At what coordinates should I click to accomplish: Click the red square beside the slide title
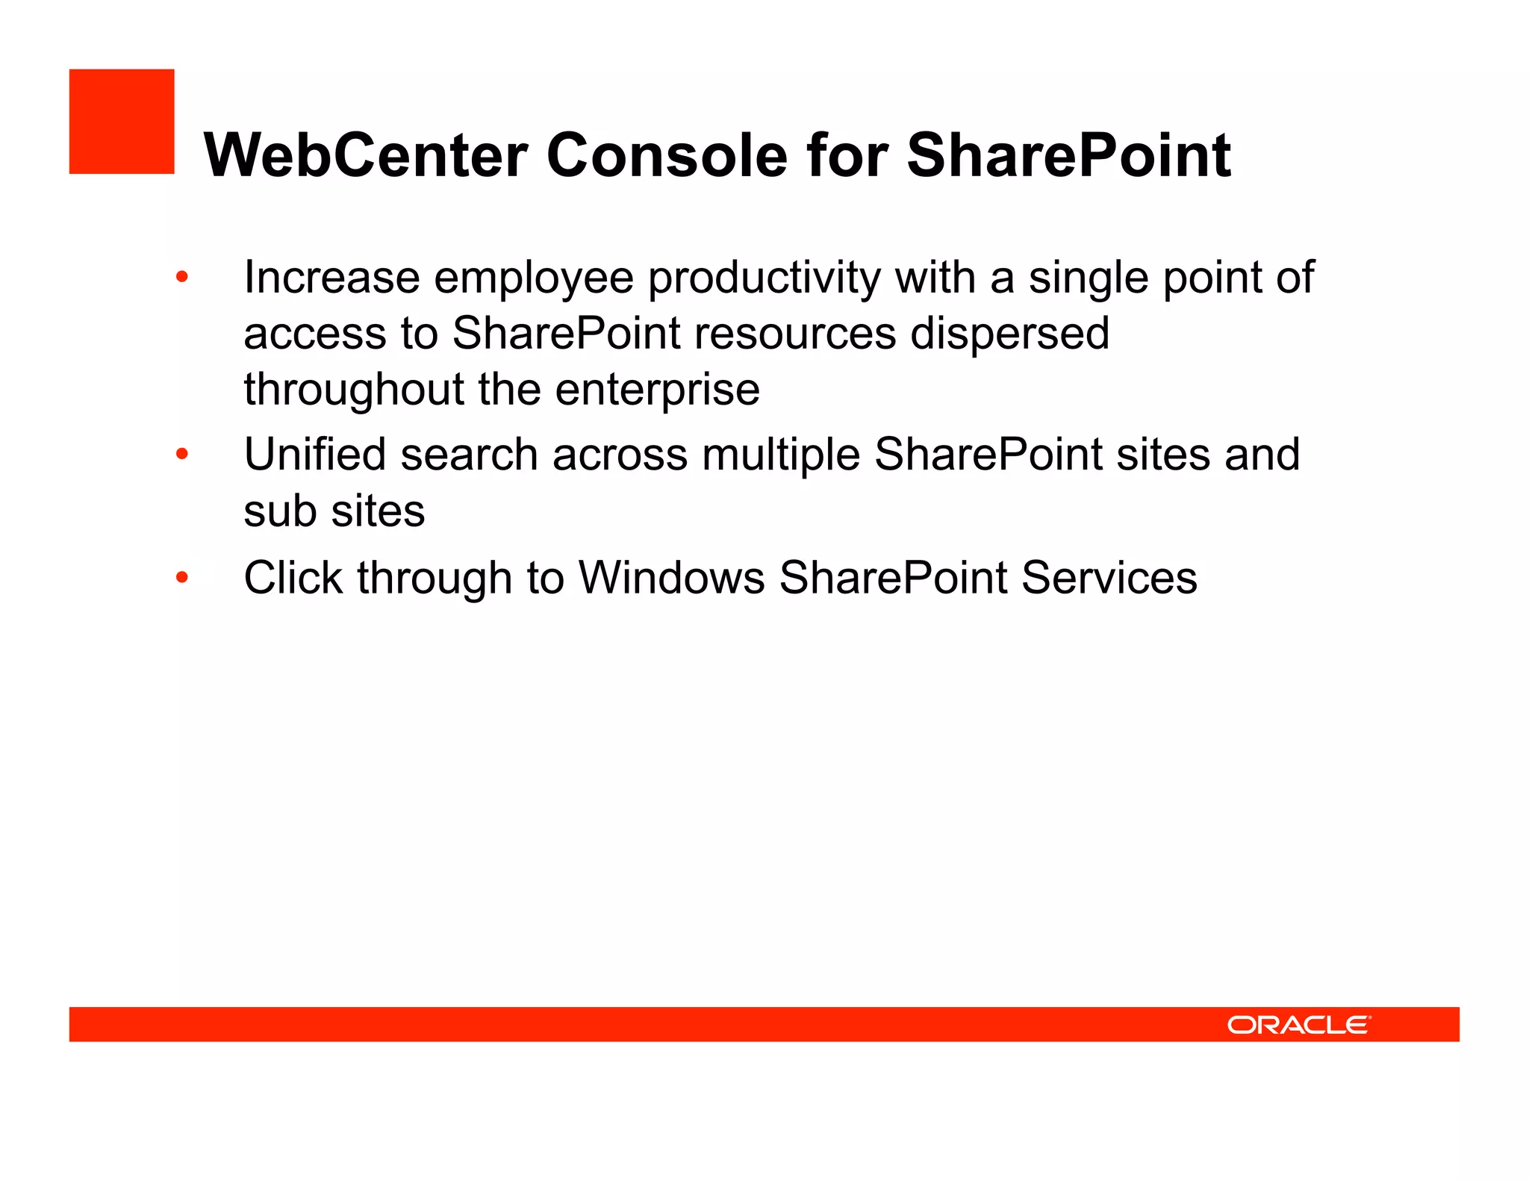coord(122,122)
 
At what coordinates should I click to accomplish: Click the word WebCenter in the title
coord(366,155)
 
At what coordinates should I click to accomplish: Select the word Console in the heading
coord(667,155)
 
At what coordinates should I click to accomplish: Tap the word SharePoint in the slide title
coord(1068,155)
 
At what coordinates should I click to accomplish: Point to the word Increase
coord(331,278)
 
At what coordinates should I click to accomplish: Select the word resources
coord(795,334)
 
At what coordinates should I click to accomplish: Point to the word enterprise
coord(657,390)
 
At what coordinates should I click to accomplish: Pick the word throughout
coord(355,390)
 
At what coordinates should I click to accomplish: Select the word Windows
coord(672,578)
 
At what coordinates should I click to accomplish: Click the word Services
coord(1109,578)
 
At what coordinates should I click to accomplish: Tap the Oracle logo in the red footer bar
coord(1298,1024)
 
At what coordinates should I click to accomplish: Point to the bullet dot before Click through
coord(182,577)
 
